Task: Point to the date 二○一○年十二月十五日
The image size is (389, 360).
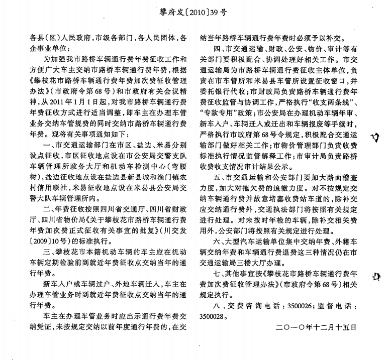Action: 316,326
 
